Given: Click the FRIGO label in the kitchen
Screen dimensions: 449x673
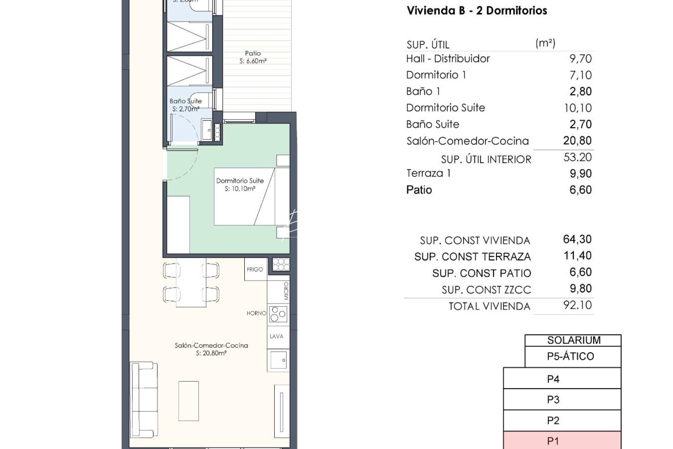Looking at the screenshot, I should (255, 269).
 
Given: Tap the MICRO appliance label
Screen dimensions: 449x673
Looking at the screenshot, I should (286, 291).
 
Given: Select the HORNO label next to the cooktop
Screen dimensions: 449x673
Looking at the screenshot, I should (256, 313).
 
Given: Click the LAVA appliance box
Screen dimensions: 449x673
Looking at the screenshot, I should (277, 336).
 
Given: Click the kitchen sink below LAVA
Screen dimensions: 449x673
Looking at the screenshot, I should (278, 360).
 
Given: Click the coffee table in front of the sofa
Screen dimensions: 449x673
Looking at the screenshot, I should (189, 401).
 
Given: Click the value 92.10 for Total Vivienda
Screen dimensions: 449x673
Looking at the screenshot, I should (577, 305).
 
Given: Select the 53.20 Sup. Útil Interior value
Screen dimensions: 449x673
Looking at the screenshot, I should (577, 157).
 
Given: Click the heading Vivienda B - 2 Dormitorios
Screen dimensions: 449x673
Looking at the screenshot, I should (477, 11).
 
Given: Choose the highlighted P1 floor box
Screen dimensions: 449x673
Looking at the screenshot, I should (562, 440).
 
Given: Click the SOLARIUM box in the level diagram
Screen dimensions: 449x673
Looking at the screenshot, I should (573, 340).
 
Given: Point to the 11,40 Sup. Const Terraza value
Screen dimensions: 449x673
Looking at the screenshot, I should (577, 256).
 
